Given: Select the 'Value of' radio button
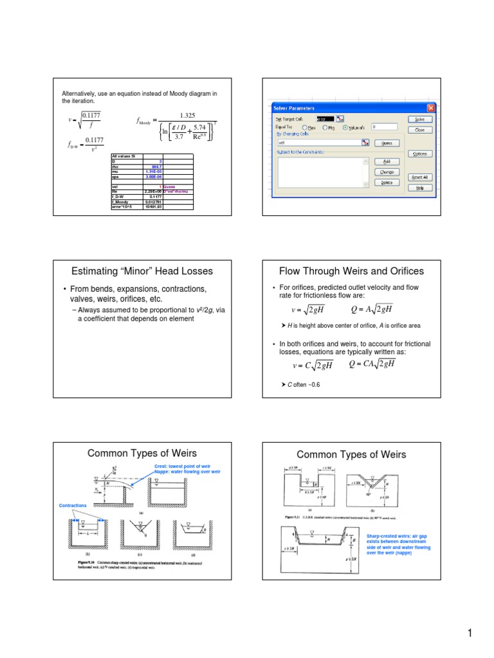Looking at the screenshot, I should coord(345,127).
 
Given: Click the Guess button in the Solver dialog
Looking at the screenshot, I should coord(387,143).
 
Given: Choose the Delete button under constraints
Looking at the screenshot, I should coord(387,182).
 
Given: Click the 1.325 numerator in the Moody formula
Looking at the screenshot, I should coord(187,116).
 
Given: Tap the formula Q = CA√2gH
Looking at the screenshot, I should coord(372,364).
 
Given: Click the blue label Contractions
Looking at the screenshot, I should coord(72,506).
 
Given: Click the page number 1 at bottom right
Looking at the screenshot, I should coord(471,634).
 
